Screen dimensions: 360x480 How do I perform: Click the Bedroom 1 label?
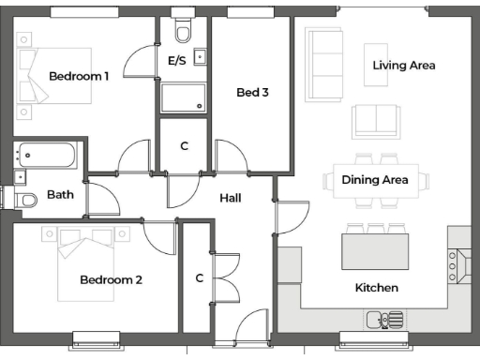[79, 76]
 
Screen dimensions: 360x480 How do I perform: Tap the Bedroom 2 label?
[111, 279]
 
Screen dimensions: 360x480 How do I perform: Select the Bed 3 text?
[252, 92]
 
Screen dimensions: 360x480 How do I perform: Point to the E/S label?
[176, 61]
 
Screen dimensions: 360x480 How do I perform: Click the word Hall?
[231, 199]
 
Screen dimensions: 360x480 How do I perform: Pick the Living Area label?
[404, 66]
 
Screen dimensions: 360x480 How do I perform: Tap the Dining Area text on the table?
[374, 179]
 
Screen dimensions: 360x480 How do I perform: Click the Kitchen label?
[376, 287]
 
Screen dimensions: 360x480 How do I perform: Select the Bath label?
[60, 195]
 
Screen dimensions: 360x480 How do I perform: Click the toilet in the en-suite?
[182, 33]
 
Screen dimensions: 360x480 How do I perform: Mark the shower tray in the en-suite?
[183, 97]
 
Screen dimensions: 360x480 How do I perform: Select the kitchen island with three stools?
[375, 249]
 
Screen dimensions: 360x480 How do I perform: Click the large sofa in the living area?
[324, 57]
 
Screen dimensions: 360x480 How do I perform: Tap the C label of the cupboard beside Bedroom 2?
[199, 277]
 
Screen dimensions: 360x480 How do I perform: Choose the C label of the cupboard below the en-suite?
[184, 145]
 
